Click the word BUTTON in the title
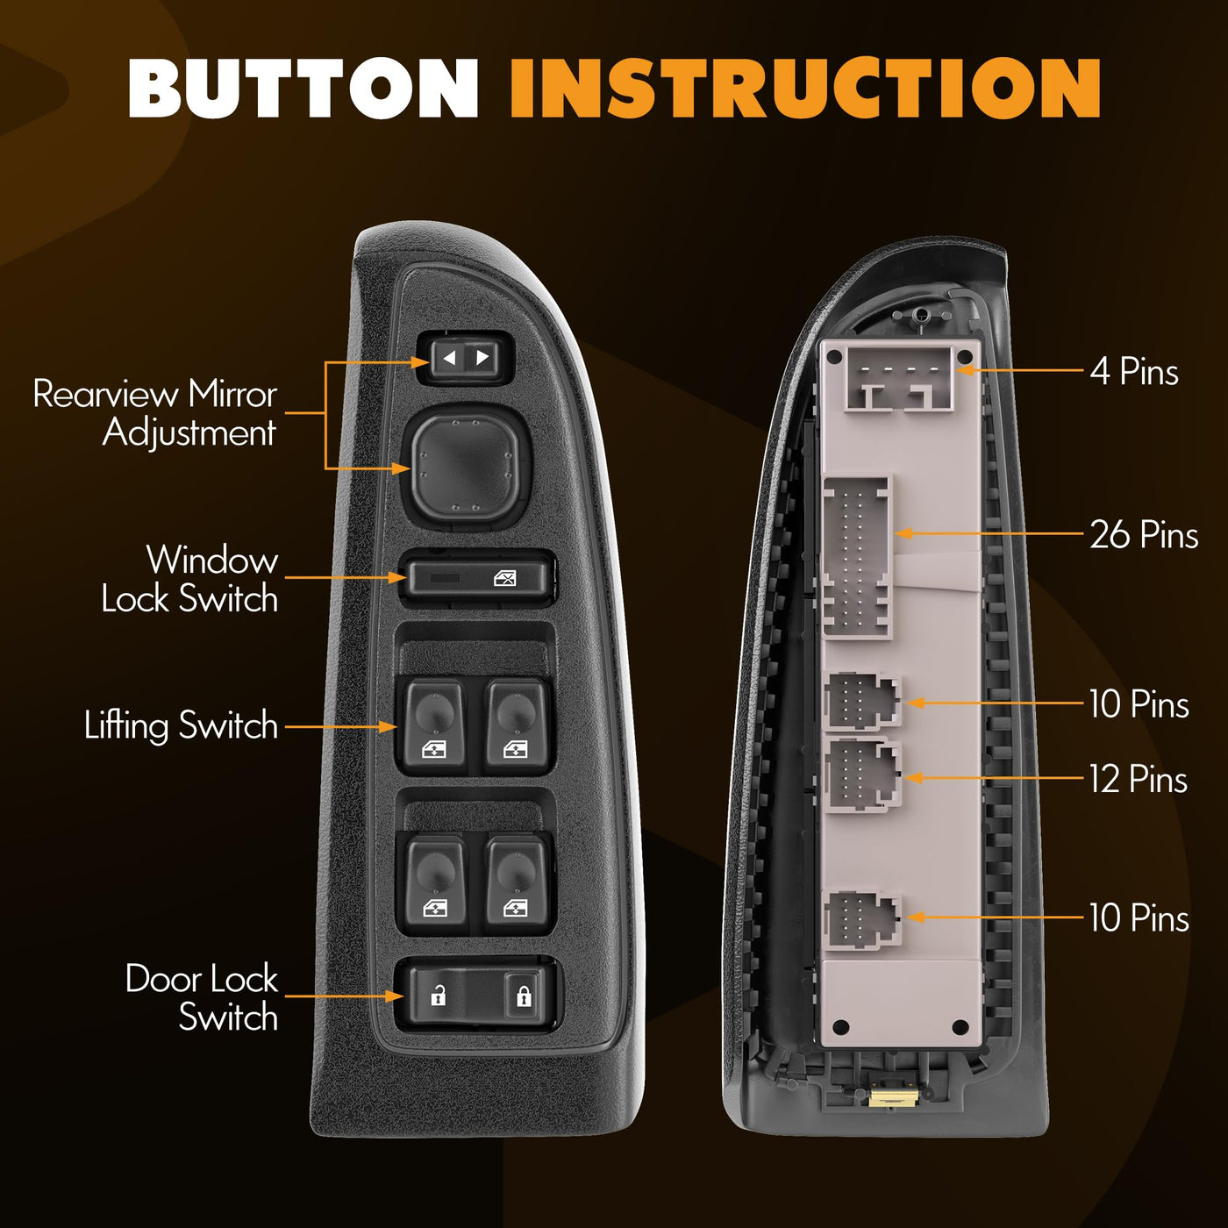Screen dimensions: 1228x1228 coord(303,88)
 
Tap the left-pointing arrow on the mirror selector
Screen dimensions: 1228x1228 coord(449,358)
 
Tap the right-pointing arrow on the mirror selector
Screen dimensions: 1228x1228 coord(482,358)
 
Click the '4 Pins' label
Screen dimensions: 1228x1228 coord(1133,371)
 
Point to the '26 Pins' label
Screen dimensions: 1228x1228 coord(1144,534)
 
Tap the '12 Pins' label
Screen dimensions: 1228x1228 coord(1139,779)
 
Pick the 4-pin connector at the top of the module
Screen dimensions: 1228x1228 coord(898,381)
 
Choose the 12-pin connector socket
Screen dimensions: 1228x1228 coord(862,775)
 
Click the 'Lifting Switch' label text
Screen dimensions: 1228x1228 coord(181,726)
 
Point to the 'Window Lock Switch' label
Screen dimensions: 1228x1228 coord(190,579)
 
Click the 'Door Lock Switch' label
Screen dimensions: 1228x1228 coord(202,997)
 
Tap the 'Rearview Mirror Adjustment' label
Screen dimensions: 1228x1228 coord(155,413)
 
